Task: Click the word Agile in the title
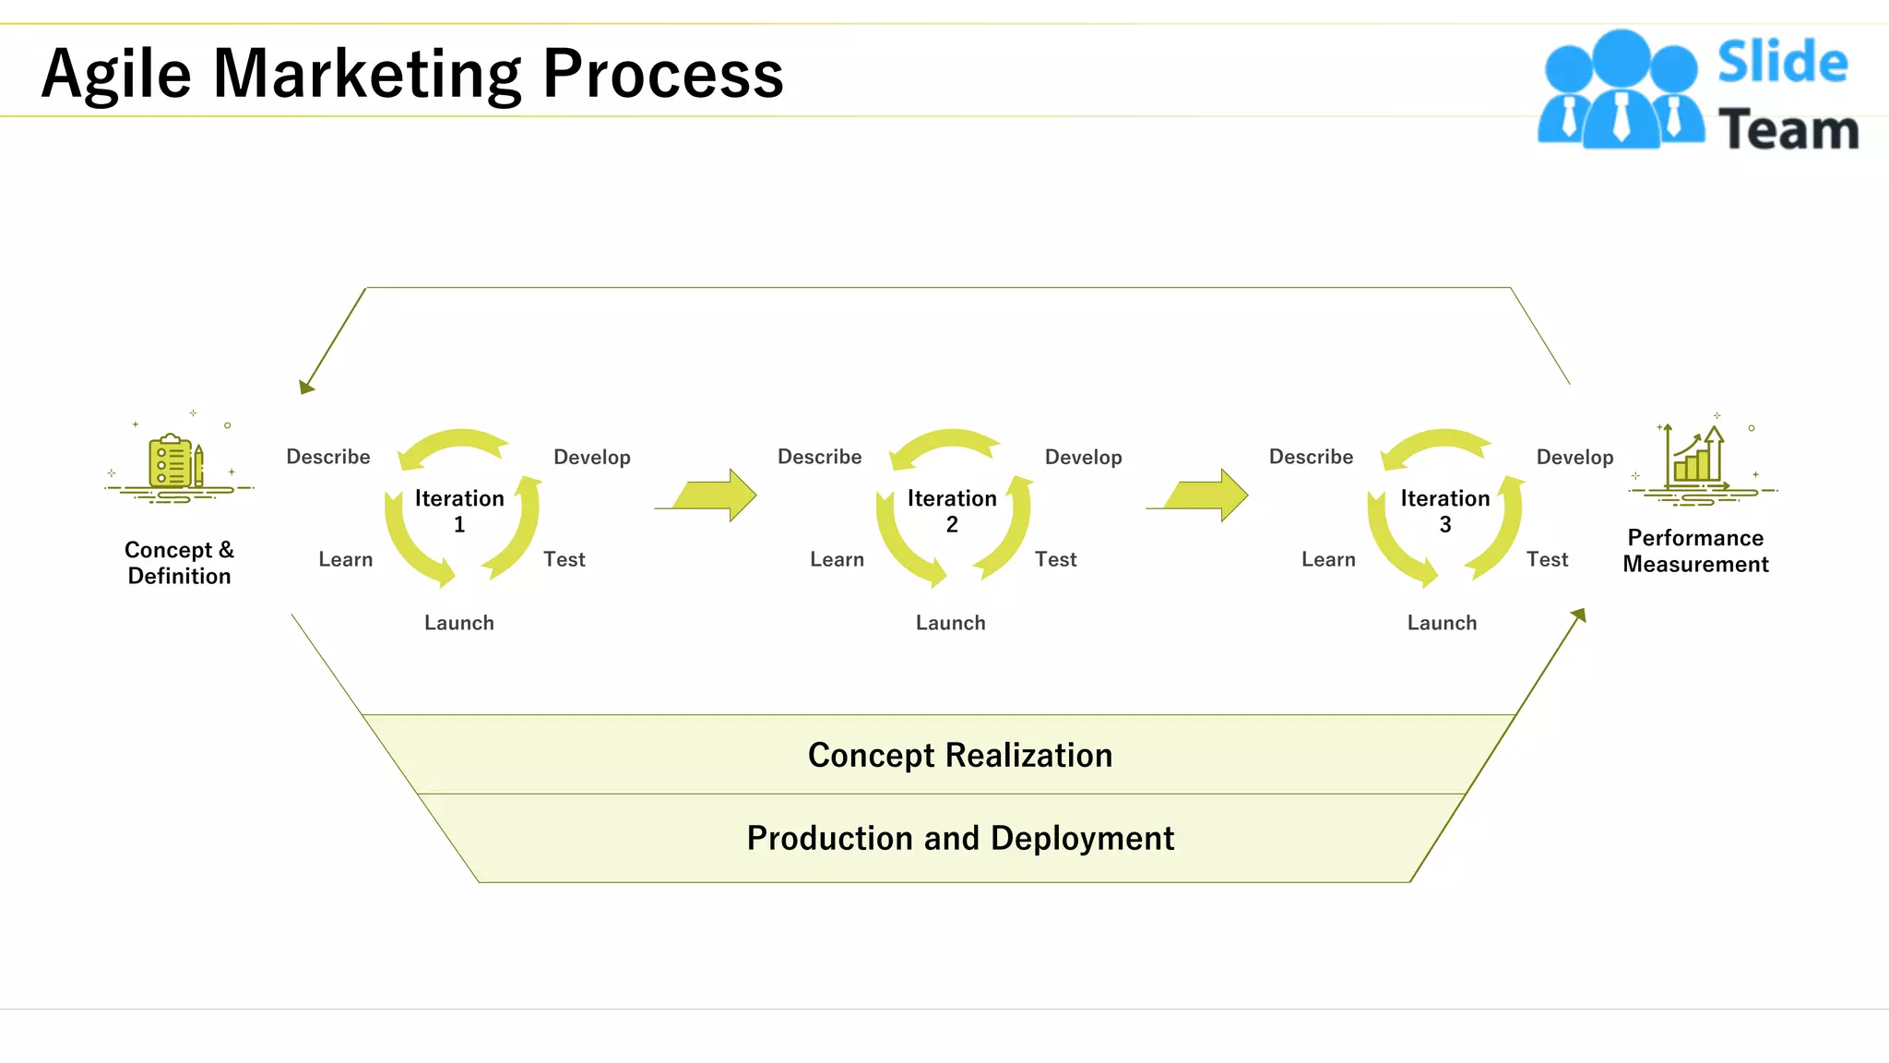pyautogui.click(x=116, y=74)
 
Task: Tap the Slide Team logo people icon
pyautogui.click(x=1621, y=90)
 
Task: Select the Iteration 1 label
pyautogui.click(x=459, y=510)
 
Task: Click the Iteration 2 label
pyautogui.click(x=952, y=510)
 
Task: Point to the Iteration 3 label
pyautogui.click(x=1444, y=510)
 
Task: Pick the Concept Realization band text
pyautogui.click(x=959, y=755)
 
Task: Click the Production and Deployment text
pyautogui.click(x=959, y=838)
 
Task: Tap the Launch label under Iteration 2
pyautogui.click(x=950, y=623)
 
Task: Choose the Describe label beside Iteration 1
pyautogui.click(x=327, y=457)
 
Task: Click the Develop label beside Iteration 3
pyautogui.click(x=1574, y=457)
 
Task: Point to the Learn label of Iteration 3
pyautogui.click(x=1328, y=559)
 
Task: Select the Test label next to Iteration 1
pyautogui.click(x=564, y=559)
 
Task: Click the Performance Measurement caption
pyautogui.click(x=1695, y=551)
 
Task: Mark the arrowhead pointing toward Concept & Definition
pyautogui.click(x=306, y=387)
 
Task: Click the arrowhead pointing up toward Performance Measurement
pyautogui.click(x=1579, y=615)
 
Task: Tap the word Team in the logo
pyautogui.click(x=1788, y=129)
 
